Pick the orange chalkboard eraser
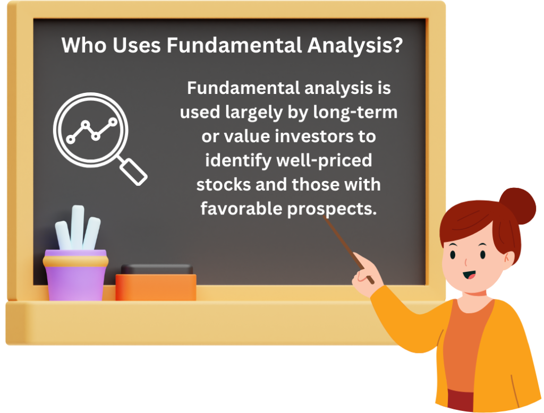(156, 286)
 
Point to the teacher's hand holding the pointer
(364, 276)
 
